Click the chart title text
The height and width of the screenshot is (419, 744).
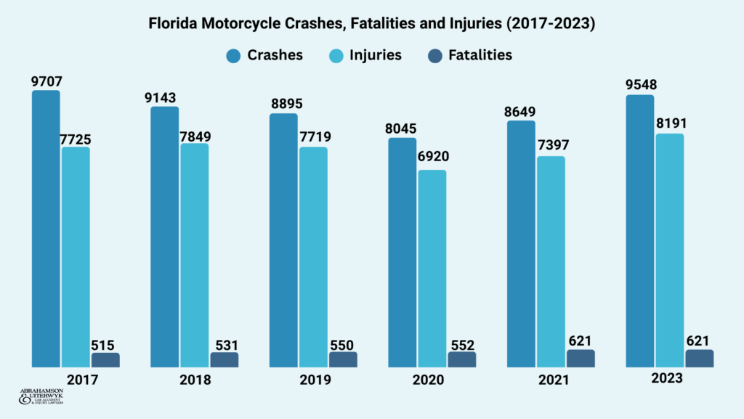[372, 24]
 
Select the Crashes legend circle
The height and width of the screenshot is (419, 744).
[234, 55]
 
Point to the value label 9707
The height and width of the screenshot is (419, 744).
[46, 81]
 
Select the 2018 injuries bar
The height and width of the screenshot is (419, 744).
[194, 255]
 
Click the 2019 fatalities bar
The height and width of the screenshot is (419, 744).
[343, 359]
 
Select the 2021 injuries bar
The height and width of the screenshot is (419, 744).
[551, 261]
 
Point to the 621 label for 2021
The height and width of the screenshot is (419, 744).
[581, 341]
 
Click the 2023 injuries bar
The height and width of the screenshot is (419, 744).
[669, 250]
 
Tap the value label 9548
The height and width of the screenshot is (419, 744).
[639, 86]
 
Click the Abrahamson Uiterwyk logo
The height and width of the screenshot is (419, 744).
[41, 396]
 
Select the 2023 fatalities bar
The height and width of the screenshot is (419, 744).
[699, 358]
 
